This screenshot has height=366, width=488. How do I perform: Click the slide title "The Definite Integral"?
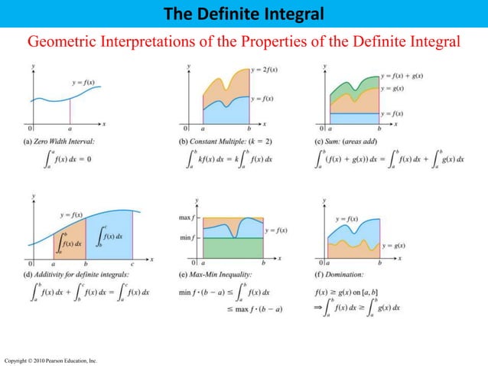pyautogui.click(x=243, y=13)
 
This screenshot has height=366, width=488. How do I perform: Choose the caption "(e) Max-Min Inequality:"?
pyautogui.click(x=210, y=273)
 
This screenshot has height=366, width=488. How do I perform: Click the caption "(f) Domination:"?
pyautogui.click(x=340, y=273)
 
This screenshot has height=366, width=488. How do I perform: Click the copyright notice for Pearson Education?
pyautogui.click(x=49, y=360)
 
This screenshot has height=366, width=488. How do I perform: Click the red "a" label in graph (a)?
pyautogui.click(x=70, y=129)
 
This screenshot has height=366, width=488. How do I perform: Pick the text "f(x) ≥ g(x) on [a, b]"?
pyautogui.click(x=349, y=291)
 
